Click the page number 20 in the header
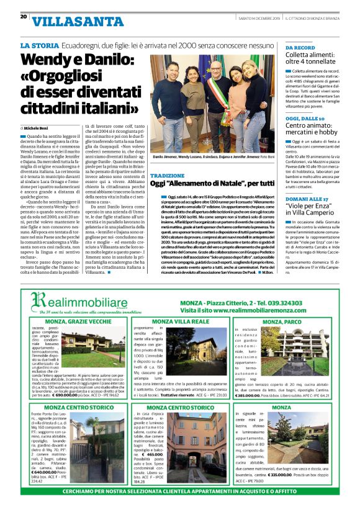click(24, 17)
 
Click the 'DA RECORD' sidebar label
click(300, 47)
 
